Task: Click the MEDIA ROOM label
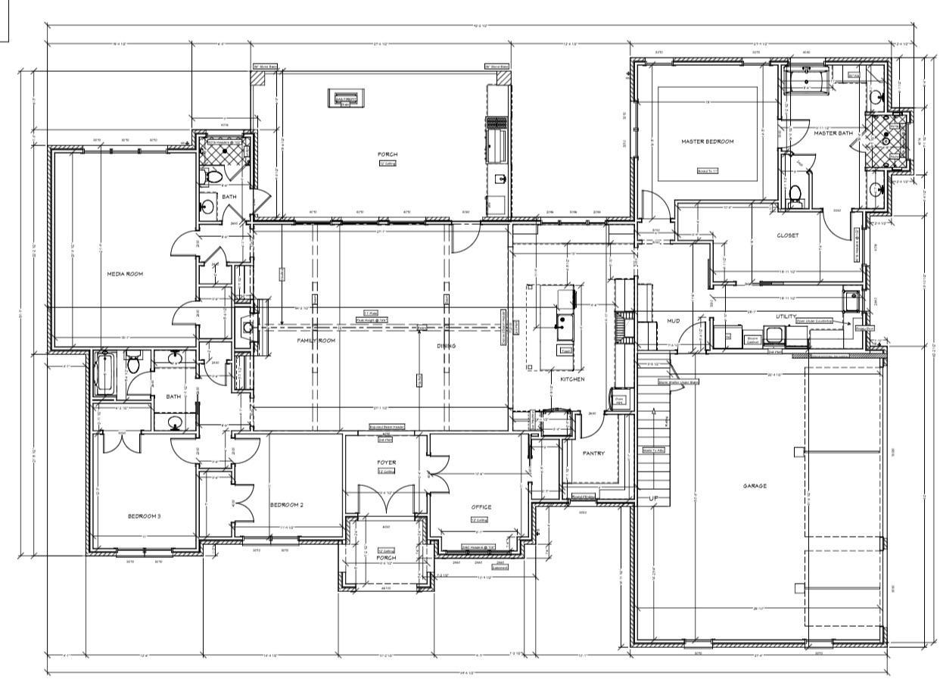pos(125,274)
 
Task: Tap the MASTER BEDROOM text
pos(708,142)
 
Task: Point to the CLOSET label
pos(787,235)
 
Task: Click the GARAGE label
pos(754,486)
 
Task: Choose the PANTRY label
pos(593,453)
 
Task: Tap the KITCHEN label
pos(572,378)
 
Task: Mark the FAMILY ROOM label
pos(316,341)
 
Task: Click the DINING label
pos(446,346)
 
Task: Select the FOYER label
pos(386,462)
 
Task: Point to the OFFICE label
pos(481,507)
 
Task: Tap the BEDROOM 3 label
pos(144,516)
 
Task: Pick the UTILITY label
pos(786,316)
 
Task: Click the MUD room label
pos(673,321)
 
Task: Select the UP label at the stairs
pos(654,499)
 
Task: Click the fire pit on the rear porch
pos(345,98)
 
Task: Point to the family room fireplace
pos(248,327)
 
